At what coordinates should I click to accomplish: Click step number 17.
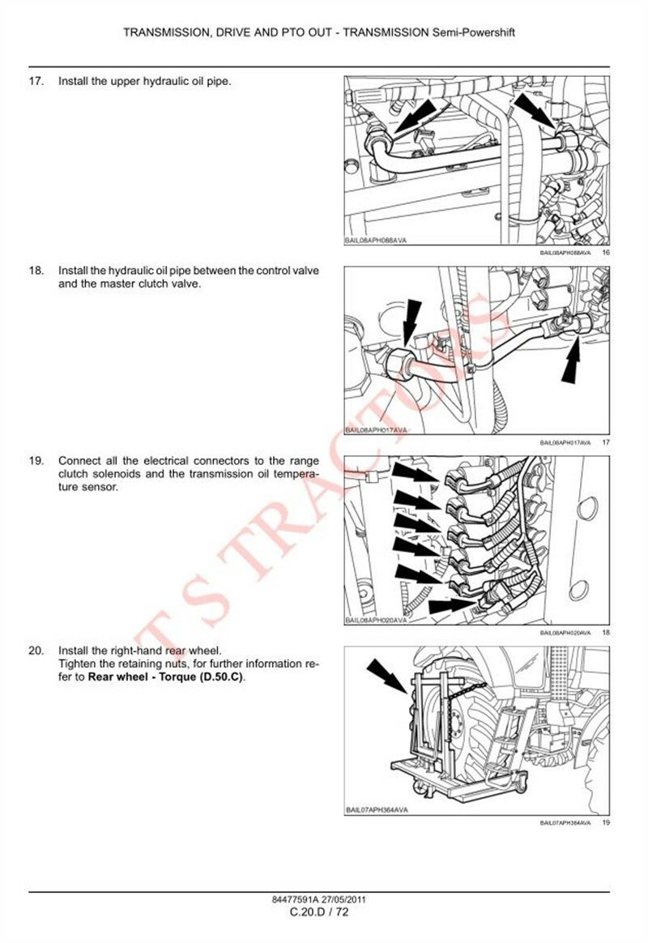pyautogui.click(x=35, y=82)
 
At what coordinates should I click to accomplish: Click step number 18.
pyautogui.click(x=35, y=270)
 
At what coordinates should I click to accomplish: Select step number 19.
pyautogui.click(x=35, y=460)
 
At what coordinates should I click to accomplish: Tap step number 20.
pyautogui.click(x=35, y=651)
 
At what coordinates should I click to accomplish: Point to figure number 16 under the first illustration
pyautogui.click(x=605, y=253)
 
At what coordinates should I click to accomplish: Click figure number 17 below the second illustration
pyautogui.click(x=605, y=442)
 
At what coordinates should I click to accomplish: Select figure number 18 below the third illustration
pyautogui.click(x=605, y=632)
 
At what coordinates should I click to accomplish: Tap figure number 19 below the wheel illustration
pyautogui.click(x=605, y=822)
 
